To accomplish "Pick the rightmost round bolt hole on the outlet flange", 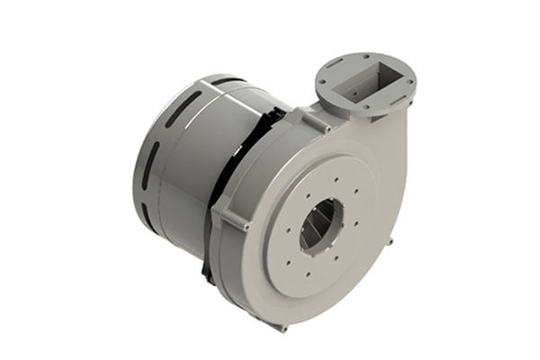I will [x=413, y=80].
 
